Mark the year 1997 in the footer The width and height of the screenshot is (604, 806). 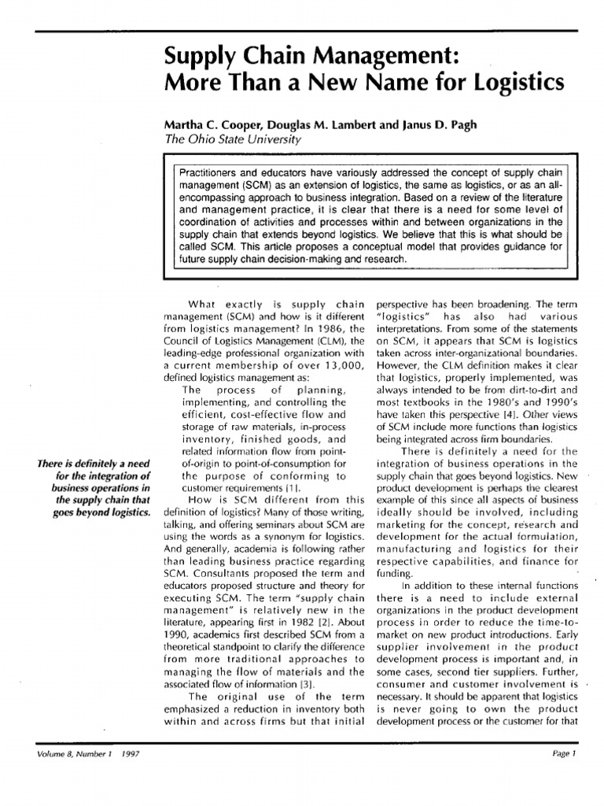point(120,775)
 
